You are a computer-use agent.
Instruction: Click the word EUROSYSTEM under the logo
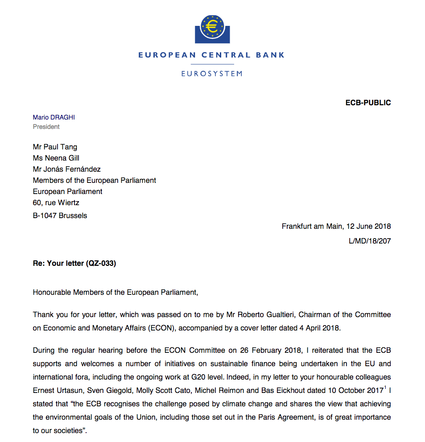point(211,74)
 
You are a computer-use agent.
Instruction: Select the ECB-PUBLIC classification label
point(368,103)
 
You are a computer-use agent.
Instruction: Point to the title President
point(46,127)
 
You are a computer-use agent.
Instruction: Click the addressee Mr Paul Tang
point(55,146)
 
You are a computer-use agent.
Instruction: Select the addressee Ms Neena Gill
point(56,157)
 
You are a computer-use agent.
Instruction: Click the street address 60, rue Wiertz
point(56,203)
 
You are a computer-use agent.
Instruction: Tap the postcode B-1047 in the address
point(45,215)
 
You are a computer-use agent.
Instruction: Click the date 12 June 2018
point(367,227)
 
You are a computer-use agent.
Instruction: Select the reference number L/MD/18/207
point(370,241)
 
